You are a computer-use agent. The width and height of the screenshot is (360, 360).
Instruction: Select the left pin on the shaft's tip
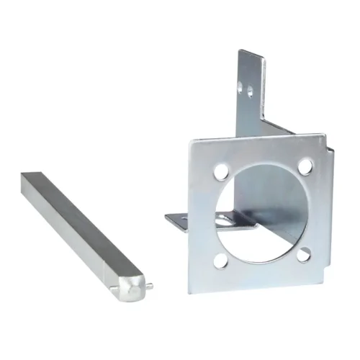(115, 292)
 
